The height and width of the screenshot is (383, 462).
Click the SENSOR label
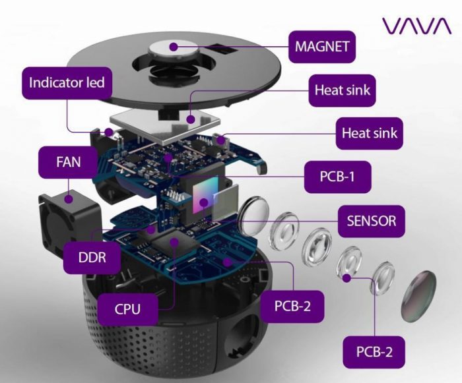coord(371,221)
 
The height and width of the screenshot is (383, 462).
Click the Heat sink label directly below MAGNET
coord(343,90)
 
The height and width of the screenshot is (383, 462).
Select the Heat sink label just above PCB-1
coord(370,133)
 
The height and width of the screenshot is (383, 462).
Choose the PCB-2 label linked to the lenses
coord(374,351)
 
